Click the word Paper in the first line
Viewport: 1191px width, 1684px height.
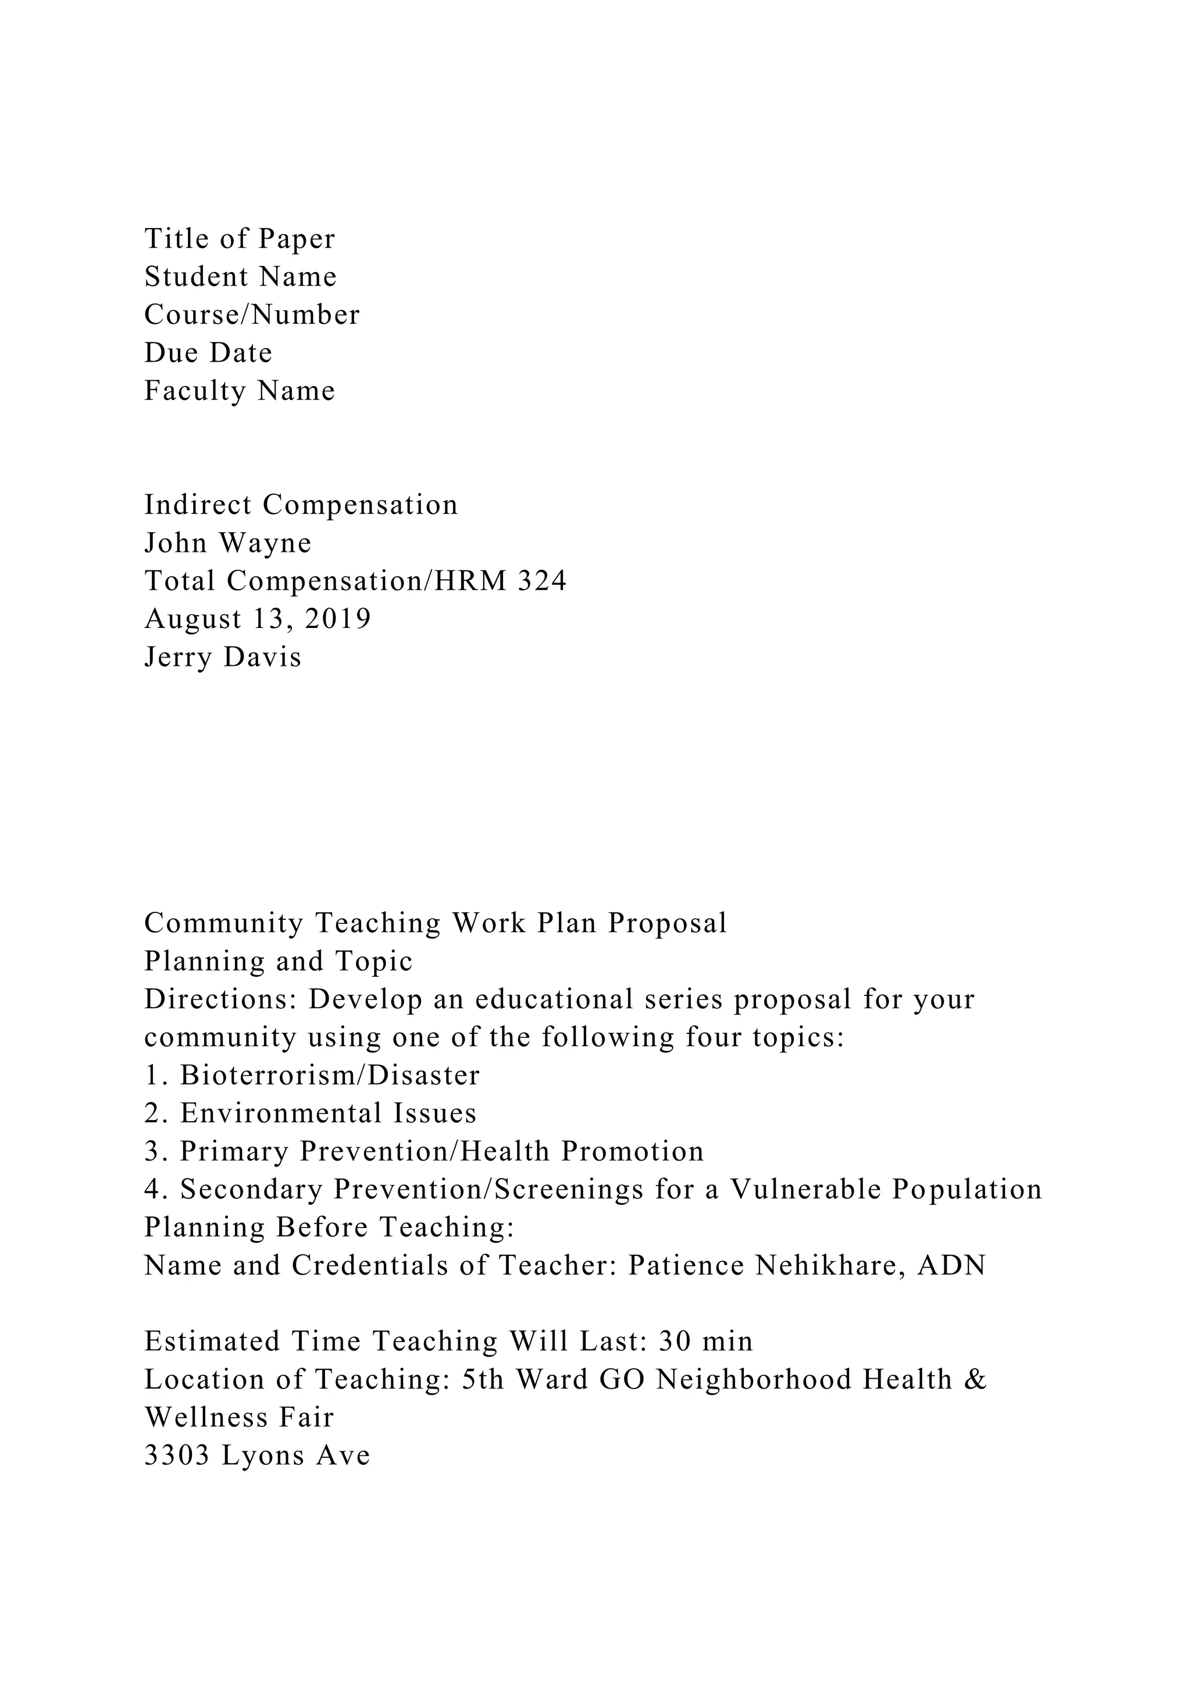click(297, 239)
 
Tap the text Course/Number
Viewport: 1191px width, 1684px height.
click(252, 315)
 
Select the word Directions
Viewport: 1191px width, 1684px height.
click(219, 1000)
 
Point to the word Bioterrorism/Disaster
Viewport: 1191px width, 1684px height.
click(329, 1076)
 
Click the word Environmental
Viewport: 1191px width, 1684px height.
click(281, 1114)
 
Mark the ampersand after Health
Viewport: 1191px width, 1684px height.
click(978, 1380)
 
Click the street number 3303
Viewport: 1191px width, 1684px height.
click(177, 1456)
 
